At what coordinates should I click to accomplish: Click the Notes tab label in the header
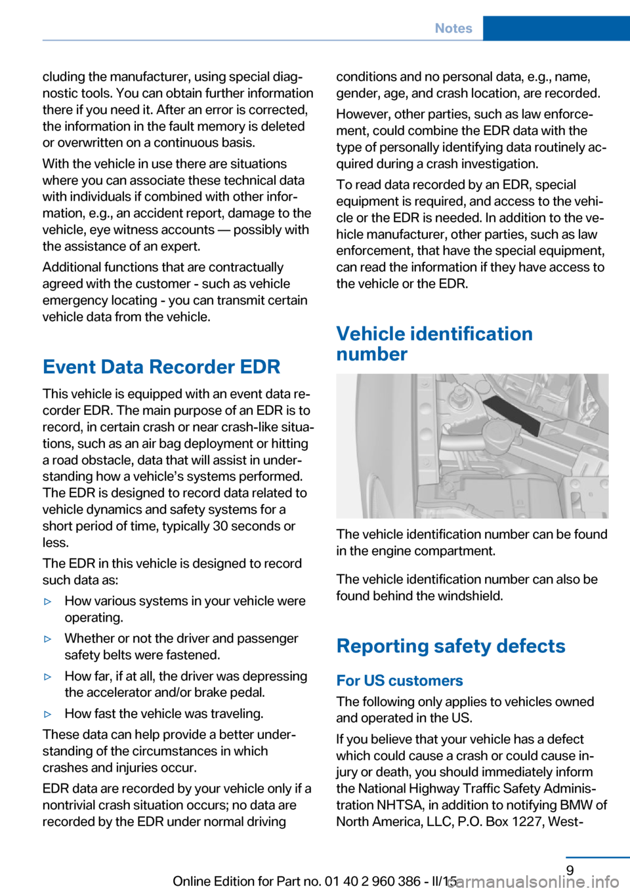(453, 28)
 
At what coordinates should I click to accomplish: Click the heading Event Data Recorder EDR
(161, 367)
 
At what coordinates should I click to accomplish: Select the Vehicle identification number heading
(434, 344)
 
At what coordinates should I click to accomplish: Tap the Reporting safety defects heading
(451, 646)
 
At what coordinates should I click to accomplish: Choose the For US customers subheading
(400, 681)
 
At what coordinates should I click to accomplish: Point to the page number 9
(570, 870)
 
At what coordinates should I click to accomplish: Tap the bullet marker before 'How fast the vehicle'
(48, 714)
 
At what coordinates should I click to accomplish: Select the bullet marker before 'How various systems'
(48, 601)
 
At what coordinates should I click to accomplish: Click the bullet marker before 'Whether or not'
(48, 639)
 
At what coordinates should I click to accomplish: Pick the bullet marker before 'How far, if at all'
(48, 677)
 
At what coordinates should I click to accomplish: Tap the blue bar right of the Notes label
(556, 28)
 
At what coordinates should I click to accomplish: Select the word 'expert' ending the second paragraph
(179, 247)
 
